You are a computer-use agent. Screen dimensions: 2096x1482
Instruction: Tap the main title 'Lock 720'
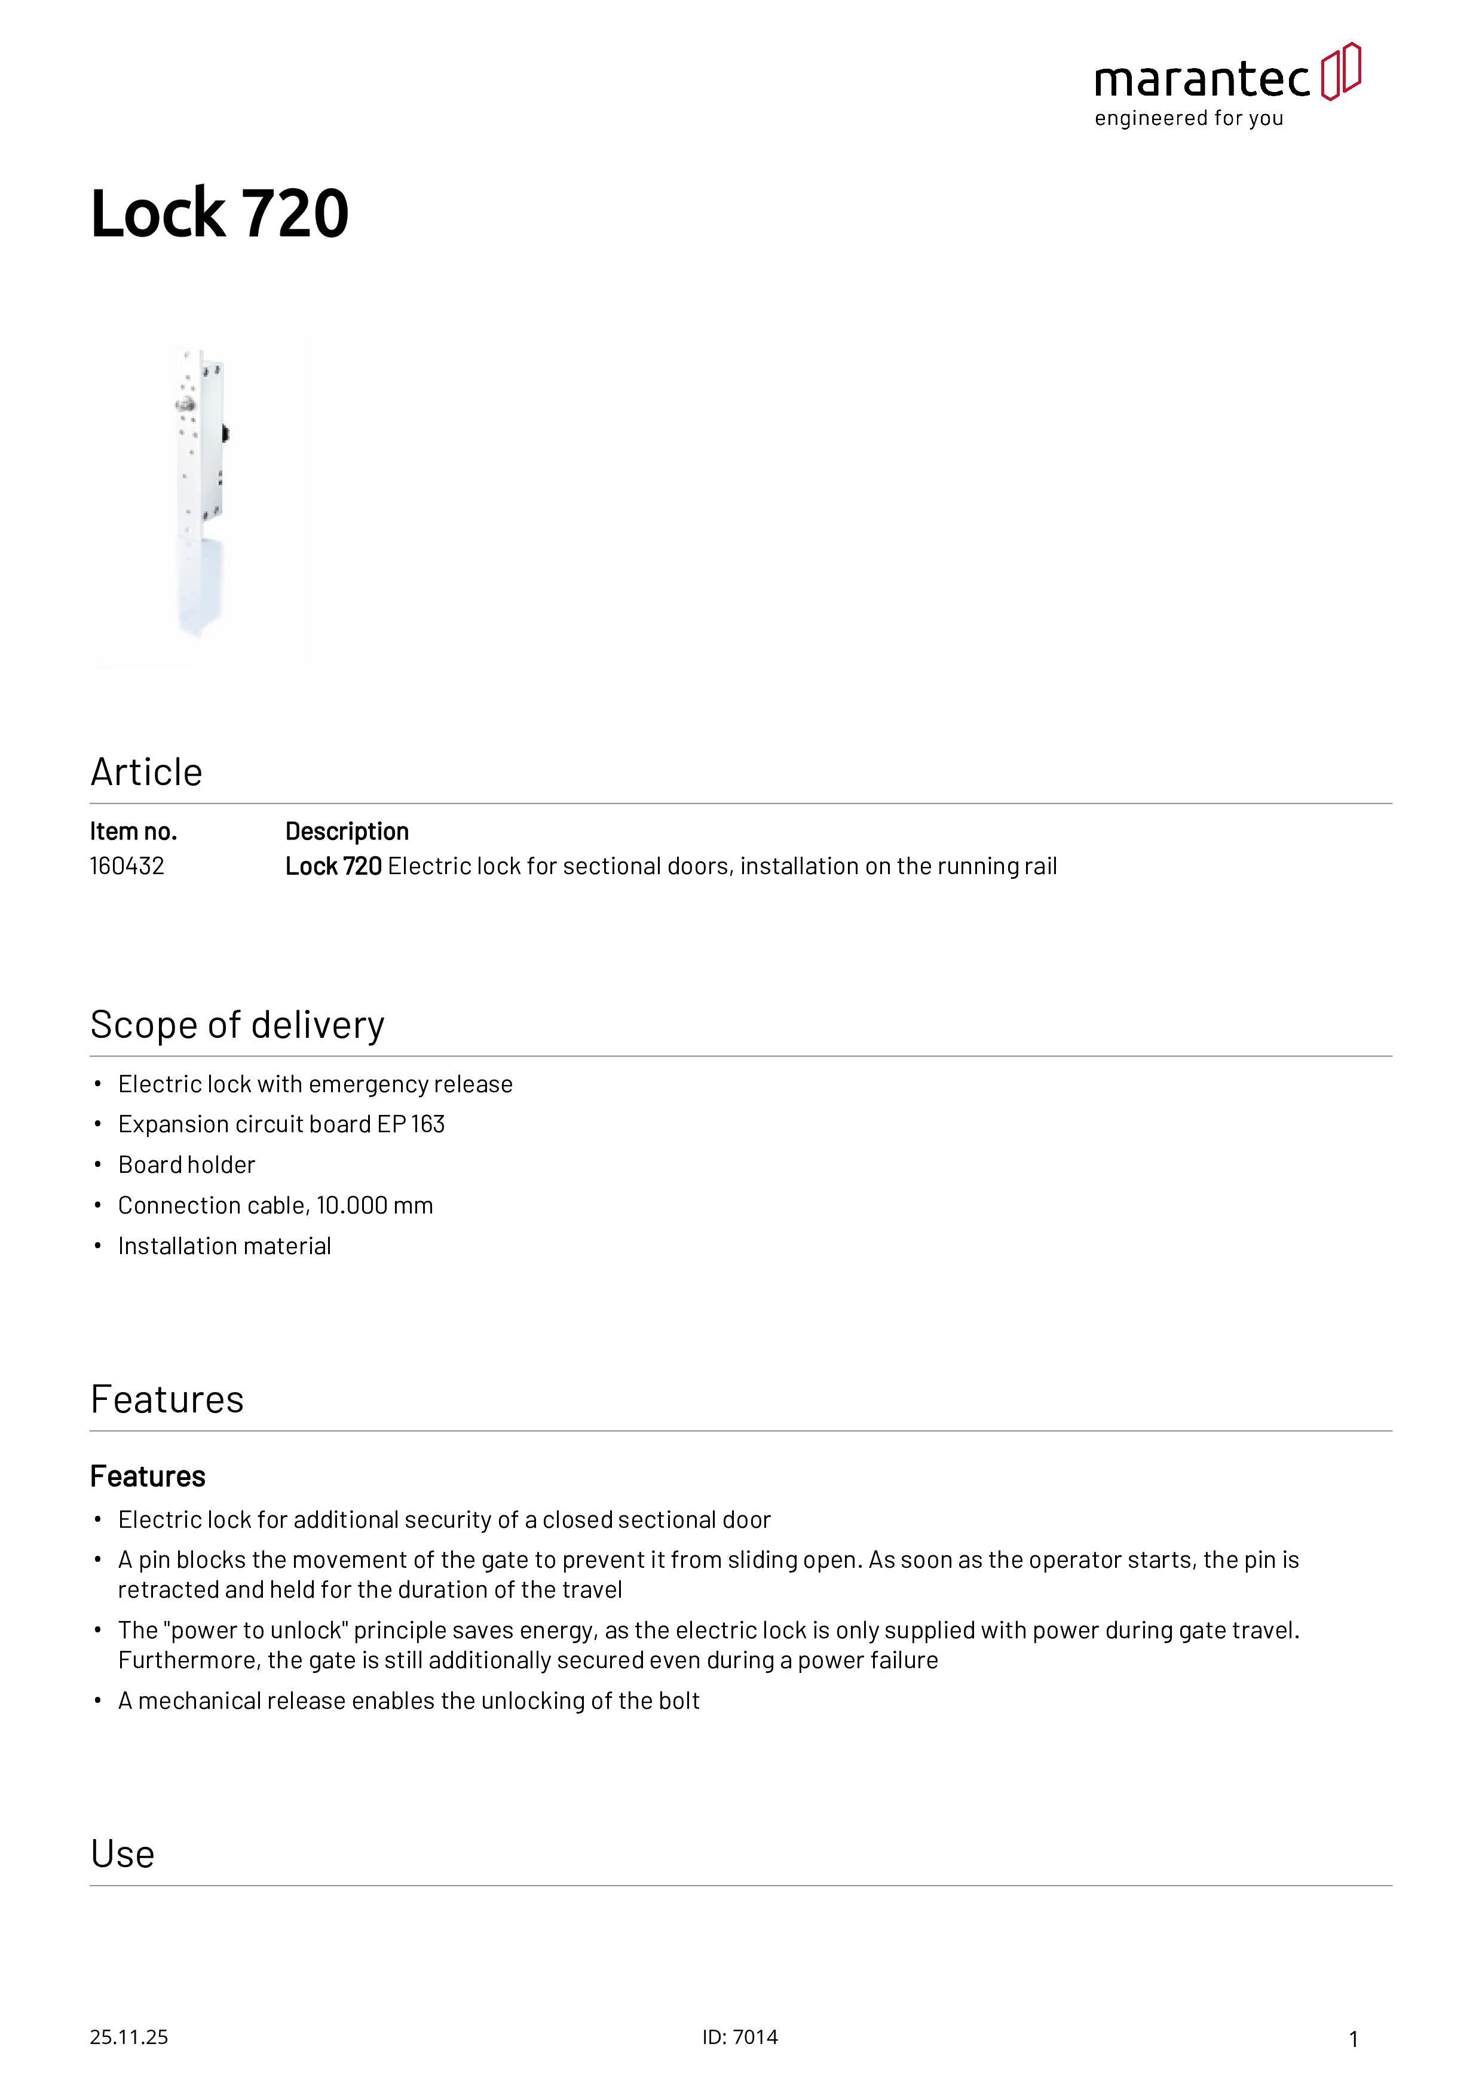[x=219, y=214]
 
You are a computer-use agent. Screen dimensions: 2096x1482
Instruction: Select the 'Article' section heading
[x=146, y=773]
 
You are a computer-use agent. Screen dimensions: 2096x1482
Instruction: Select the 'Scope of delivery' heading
[x=237, y=1025]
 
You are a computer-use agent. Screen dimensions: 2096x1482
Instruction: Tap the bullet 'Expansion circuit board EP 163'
[x=281, y=1124]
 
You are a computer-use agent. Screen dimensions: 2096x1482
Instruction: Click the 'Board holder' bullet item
[x=186, y=1165]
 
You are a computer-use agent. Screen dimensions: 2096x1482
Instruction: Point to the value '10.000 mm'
[x=374, y=1205]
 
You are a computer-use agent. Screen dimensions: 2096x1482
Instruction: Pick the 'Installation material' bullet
[x=225, y=1246]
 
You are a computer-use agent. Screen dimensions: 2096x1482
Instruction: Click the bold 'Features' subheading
[x=148, y=1476]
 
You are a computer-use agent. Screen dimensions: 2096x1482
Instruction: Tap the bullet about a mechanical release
[x=408, y=1700]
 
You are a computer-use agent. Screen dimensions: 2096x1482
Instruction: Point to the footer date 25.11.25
[x=128, y=2037]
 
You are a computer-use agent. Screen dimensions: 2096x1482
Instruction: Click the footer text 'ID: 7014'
[x=740, y=2037]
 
